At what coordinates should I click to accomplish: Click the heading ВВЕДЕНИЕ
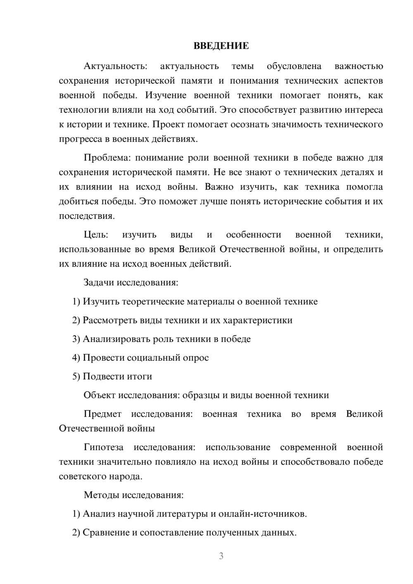(221, 46)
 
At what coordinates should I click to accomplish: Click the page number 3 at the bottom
(221, 556)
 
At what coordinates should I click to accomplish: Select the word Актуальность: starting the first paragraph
(115, 66)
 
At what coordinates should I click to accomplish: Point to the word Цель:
(96, 235)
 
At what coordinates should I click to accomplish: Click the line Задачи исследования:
(131, 283)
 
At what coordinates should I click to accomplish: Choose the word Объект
(100, 395)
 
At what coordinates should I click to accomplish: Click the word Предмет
(102, 414)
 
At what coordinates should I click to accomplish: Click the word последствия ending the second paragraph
(86, 216)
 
